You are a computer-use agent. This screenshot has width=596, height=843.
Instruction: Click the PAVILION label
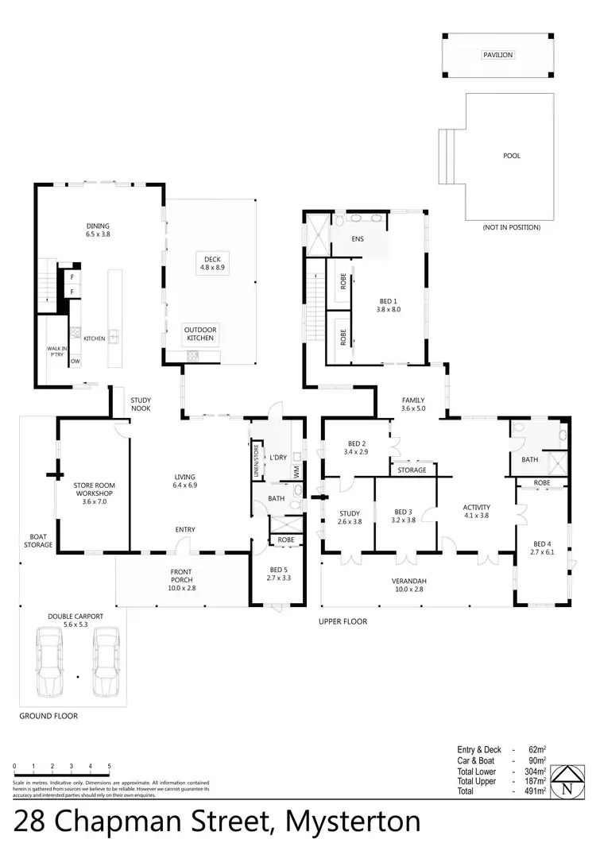coord(498,55)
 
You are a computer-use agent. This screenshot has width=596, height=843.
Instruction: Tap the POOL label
coord(512,156)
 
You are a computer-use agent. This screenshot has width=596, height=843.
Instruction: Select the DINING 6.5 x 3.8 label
coord(98,230)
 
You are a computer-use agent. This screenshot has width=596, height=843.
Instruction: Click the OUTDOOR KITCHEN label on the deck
coord(200,334)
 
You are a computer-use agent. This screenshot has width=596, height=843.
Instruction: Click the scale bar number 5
coord(109,767)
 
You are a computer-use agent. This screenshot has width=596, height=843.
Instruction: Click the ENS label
coord(357,238)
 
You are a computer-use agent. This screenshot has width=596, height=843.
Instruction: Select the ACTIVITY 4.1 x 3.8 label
coord(476,512)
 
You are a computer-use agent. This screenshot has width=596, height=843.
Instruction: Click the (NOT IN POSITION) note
coord(511,227)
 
